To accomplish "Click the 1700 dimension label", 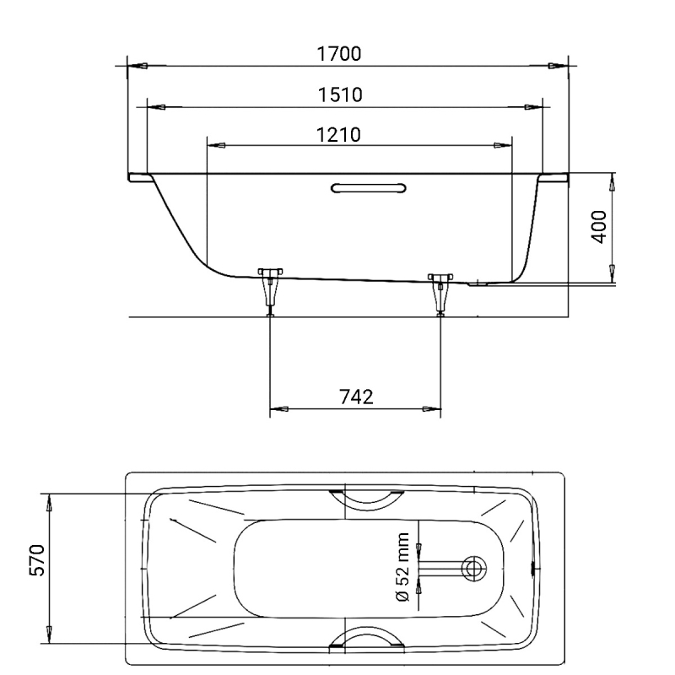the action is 339,54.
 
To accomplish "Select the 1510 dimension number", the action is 340,94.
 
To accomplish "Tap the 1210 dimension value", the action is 339,135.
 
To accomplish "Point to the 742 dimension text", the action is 356,397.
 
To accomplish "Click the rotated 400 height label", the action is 598,227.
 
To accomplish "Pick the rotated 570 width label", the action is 36,560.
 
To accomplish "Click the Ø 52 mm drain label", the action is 402,567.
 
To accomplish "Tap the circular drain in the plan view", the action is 474,568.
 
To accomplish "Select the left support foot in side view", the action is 270,292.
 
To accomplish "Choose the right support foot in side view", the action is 440,294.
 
